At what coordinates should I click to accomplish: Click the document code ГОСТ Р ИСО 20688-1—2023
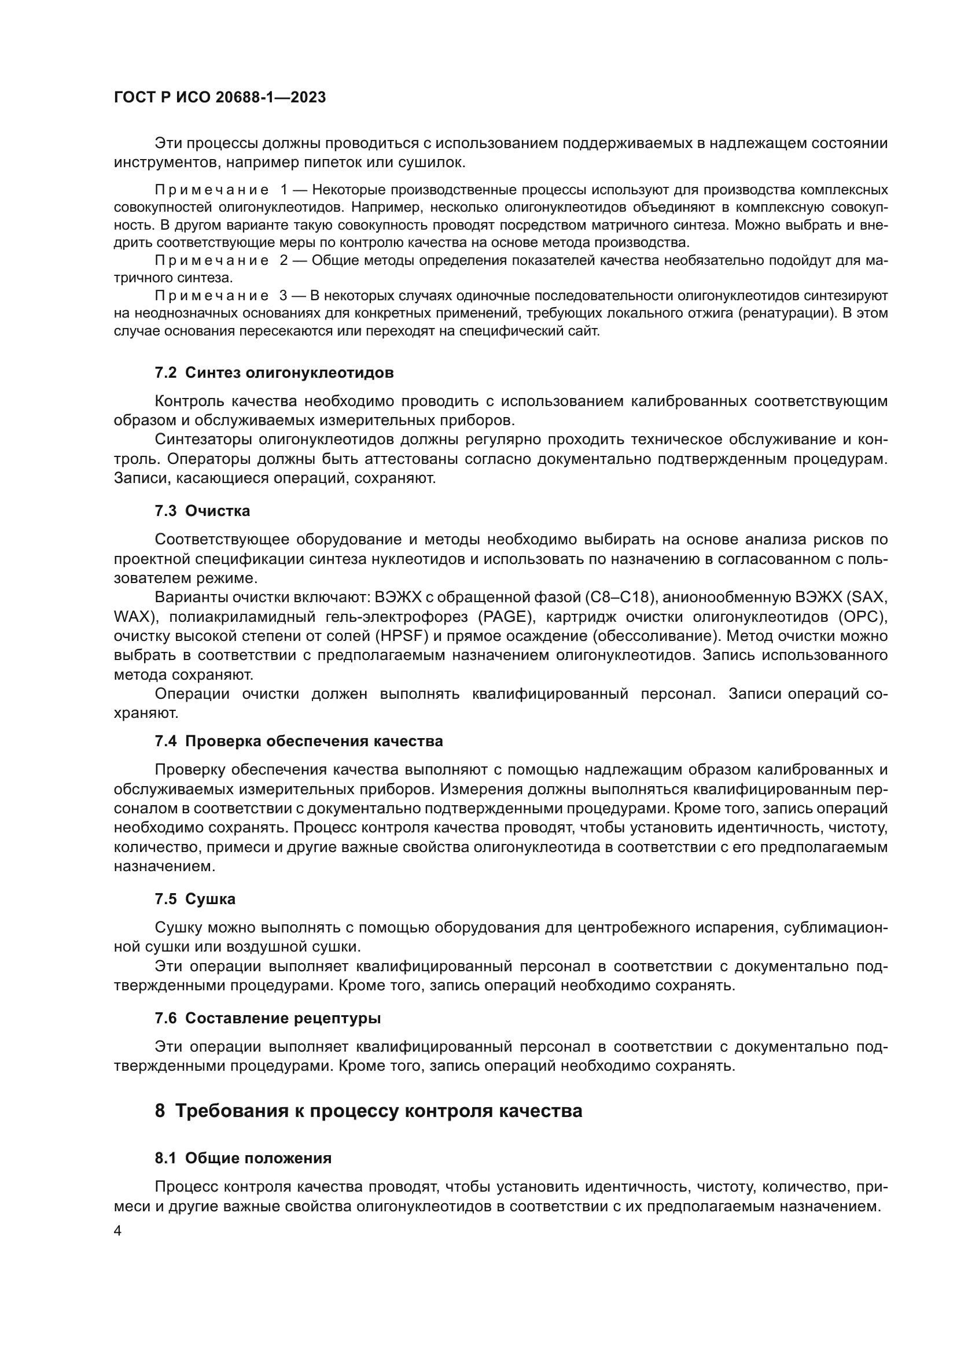pos(219,98)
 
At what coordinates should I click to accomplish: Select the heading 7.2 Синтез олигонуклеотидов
pos(274,373)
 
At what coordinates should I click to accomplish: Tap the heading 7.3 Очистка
pos(202,511)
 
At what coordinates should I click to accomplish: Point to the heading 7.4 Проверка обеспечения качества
pos(299,742)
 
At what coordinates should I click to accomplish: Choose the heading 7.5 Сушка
pos(195,899)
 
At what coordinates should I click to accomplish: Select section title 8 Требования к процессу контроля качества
pos(369,1111)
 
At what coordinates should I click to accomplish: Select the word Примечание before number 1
pos(212,190)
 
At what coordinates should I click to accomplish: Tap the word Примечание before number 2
pos(212,260)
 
